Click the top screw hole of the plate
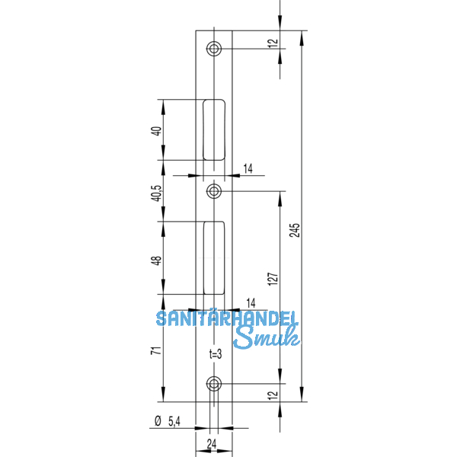214,49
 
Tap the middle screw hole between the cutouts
214,190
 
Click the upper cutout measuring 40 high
215,129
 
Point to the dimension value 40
157,130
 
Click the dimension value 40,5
157,192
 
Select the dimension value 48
157,260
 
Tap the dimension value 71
157,351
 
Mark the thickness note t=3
215,354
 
